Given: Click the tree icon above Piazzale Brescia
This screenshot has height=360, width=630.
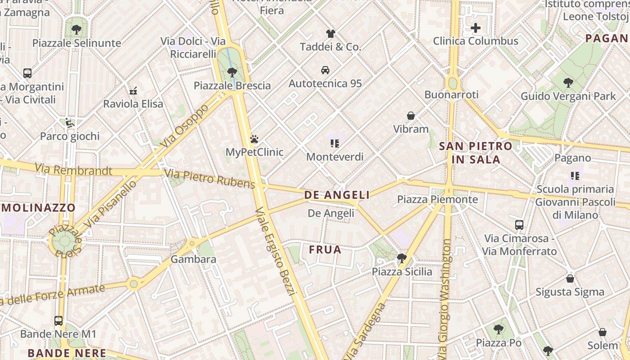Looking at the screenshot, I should (x=232, y=72).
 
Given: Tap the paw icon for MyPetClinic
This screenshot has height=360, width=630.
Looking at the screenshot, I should (x=255, y=139).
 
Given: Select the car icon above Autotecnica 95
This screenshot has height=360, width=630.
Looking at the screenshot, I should (x=325, y=70).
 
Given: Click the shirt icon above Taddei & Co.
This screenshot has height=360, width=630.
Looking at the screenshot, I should (x=331, y=34).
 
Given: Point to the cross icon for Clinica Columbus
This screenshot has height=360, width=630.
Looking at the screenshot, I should (x=476, y=28).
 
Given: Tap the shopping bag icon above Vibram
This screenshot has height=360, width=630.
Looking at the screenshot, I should (x=411, y=116).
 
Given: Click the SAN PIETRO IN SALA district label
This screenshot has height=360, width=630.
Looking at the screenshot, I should (x=476, y=153).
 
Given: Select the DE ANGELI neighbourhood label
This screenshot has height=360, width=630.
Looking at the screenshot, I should (x=337, y=195).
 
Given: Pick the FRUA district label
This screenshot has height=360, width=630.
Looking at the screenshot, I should (x=325, y=249).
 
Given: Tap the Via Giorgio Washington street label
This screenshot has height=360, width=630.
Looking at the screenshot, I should (x=445, y=297).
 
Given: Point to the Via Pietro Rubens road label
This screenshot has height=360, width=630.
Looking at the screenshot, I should (x=210, y=179).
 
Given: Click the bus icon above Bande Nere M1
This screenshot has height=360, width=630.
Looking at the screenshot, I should (x=58, y=321).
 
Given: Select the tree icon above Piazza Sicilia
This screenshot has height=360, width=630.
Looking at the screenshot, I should (x=401, y=258).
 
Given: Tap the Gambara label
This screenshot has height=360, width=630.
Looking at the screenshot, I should (x=193, y=259).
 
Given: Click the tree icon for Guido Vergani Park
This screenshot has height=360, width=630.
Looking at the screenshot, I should (x=568, y=83).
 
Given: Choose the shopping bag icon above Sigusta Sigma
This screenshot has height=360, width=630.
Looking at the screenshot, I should (x=570, y=279).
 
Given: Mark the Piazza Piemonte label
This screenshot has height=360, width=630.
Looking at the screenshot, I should (x=437, y=199).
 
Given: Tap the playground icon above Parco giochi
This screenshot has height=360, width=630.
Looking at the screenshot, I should (x=70, y=123).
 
